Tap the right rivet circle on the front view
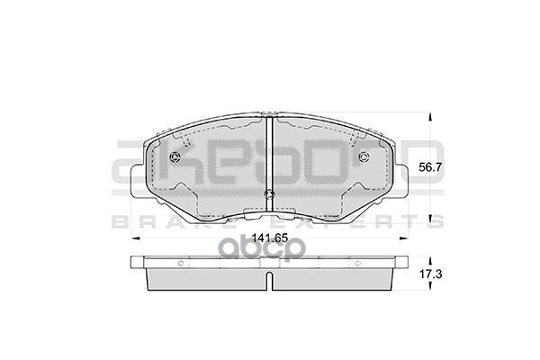(364, 158)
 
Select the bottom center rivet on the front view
(270, 198)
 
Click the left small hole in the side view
(180, 264)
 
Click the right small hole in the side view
(360, 264)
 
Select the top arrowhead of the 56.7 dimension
(430, 116)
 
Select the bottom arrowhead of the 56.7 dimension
(430, 219)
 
